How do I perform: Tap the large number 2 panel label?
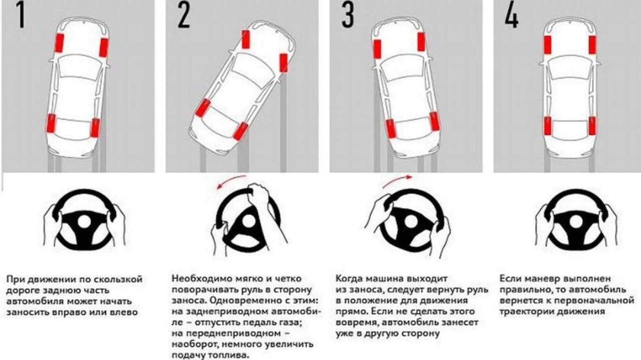tap(183, 17)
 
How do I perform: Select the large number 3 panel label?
tap(348, 17)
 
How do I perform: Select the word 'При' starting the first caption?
tap(15, 279)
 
